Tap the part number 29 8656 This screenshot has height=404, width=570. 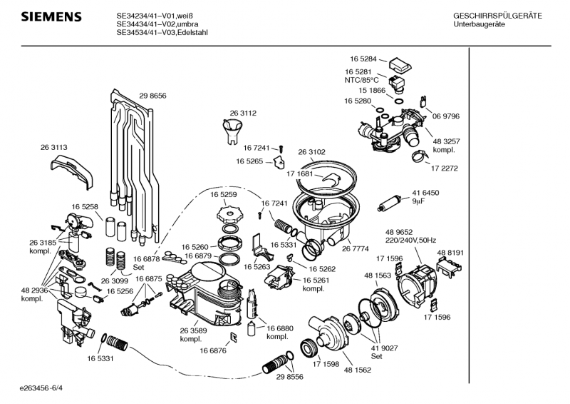152,96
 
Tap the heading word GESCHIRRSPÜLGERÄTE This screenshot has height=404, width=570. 497,16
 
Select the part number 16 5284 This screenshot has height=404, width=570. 363,59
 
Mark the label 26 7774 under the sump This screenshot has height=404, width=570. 356,248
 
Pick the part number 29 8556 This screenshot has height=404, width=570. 290,377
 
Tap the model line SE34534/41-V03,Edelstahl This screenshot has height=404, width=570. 162,32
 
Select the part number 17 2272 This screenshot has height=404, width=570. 445,168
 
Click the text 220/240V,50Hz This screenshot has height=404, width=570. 410,240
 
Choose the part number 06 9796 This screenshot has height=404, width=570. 446,116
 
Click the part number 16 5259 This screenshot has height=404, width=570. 223,193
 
